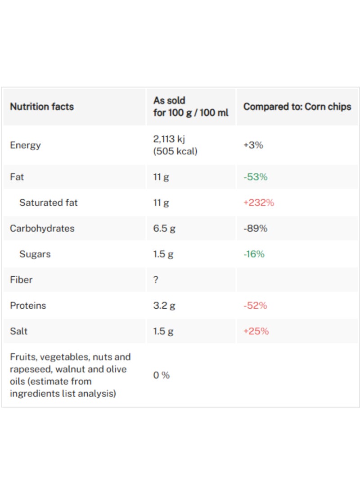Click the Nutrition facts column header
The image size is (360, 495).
(42, 107)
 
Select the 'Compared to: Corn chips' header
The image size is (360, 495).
(297, 107)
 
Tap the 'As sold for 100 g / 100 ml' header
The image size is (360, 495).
(191, 107)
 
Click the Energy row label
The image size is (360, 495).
(25, 145)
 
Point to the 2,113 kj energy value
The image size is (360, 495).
(169, 139)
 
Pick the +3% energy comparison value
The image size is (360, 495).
(253, 145)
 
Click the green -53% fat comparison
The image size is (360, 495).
(256, 177)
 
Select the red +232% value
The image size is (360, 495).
(259, 202)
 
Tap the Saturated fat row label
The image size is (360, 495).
(48, 202)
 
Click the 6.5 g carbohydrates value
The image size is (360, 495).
(164, 229)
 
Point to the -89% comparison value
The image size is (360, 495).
(256, 228)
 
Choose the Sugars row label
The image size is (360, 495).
(35, 254)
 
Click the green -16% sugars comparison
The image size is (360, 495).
(254, 254)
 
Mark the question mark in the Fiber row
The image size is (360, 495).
(156, 280)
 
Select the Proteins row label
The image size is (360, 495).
(28, 306)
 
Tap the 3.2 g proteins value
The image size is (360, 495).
(164, 306)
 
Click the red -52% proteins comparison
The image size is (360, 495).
(255, 306)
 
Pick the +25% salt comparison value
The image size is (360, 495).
(256, 331)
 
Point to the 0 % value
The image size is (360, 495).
(162, 375)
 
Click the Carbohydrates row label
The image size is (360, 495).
(42, 229)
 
